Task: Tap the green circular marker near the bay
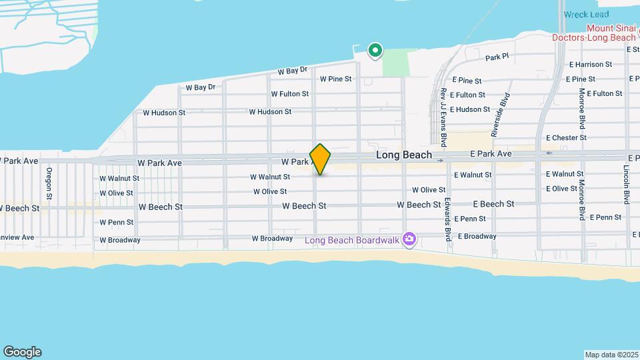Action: pyautogui.click(x=375, y=49)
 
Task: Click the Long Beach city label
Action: pyautogui.click(x=403, y=155)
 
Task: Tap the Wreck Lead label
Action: pyautogui.click(x=585, y=15)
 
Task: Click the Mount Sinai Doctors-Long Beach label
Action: pyautogui.click(x=593, y=33)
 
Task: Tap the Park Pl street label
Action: pyautogui.click(x=497, y=58)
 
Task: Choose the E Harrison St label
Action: pyautogui.click(x=590, y=65)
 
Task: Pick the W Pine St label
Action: pyautogui.click(x=335, y=79)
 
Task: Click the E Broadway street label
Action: pyautogui.click(x=475, y=236)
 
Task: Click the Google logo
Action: pyautogui.click(x=22, y=352)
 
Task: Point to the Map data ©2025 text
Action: pyautogui.click(x=611, y=355)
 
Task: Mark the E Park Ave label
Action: pyautogui.click(x=490, y=154)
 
